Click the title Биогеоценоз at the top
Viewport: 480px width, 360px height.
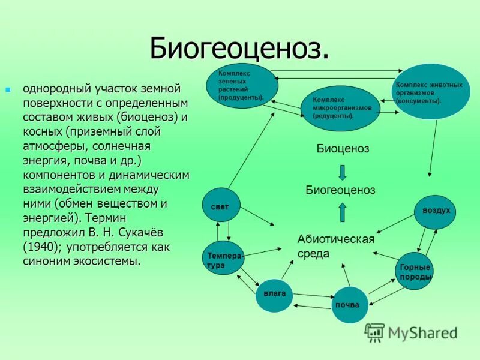pos(239,47)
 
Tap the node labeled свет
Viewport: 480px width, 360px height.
pos(220,206)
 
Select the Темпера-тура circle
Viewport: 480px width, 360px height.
pos(222,259)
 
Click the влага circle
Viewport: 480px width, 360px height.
pos(274,294)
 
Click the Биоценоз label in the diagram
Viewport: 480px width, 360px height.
pos(343,149)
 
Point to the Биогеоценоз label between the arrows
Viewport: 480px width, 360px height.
pos(340,190)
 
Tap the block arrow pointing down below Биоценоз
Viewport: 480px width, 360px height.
pos(342,171)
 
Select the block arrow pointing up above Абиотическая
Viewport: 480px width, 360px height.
pos(342,212)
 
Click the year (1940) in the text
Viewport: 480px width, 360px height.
pos(41,247)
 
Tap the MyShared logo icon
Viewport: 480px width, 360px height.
pos(375,332)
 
